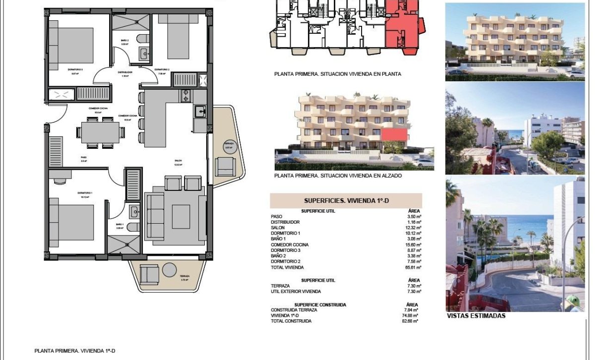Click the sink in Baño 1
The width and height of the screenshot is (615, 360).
135,212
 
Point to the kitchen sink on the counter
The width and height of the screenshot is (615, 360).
200,112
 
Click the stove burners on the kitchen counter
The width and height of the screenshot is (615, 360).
185,95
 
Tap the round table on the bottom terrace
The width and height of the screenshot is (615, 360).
170,270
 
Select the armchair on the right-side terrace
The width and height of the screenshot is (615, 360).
225,166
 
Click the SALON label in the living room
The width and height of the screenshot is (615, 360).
178,161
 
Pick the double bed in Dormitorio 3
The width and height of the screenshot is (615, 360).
71,45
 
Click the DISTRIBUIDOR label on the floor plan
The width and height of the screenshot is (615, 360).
125,72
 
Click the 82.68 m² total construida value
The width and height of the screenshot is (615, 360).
412,321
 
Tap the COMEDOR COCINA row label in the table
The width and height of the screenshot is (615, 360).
290,244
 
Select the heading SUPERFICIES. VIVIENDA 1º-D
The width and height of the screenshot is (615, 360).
346,201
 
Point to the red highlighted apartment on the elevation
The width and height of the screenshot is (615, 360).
395,135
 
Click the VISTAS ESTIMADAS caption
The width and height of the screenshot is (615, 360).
476,316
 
